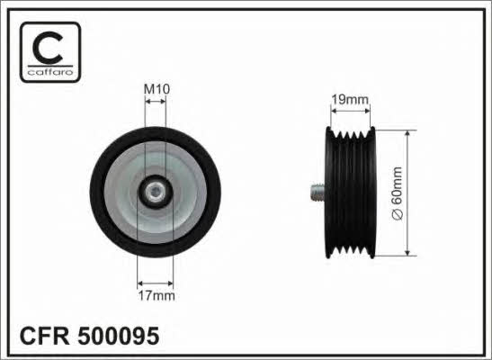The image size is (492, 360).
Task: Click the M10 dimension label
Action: (157, 89)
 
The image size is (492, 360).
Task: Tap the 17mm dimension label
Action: (157, 296)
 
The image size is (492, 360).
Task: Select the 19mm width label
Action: (350, 100)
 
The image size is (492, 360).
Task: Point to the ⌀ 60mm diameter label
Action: (398, 193)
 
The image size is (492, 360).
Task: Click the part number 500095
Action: (119, 336)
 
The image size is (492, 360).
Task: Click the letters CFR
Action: (45, 336)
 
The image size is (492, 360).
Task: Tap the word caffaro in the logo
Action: (50, 72)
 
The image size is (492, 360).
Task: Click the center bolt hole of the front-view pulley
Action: (156, 192)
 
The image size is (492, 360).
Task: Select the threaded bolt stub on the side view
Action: (318, 193)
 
